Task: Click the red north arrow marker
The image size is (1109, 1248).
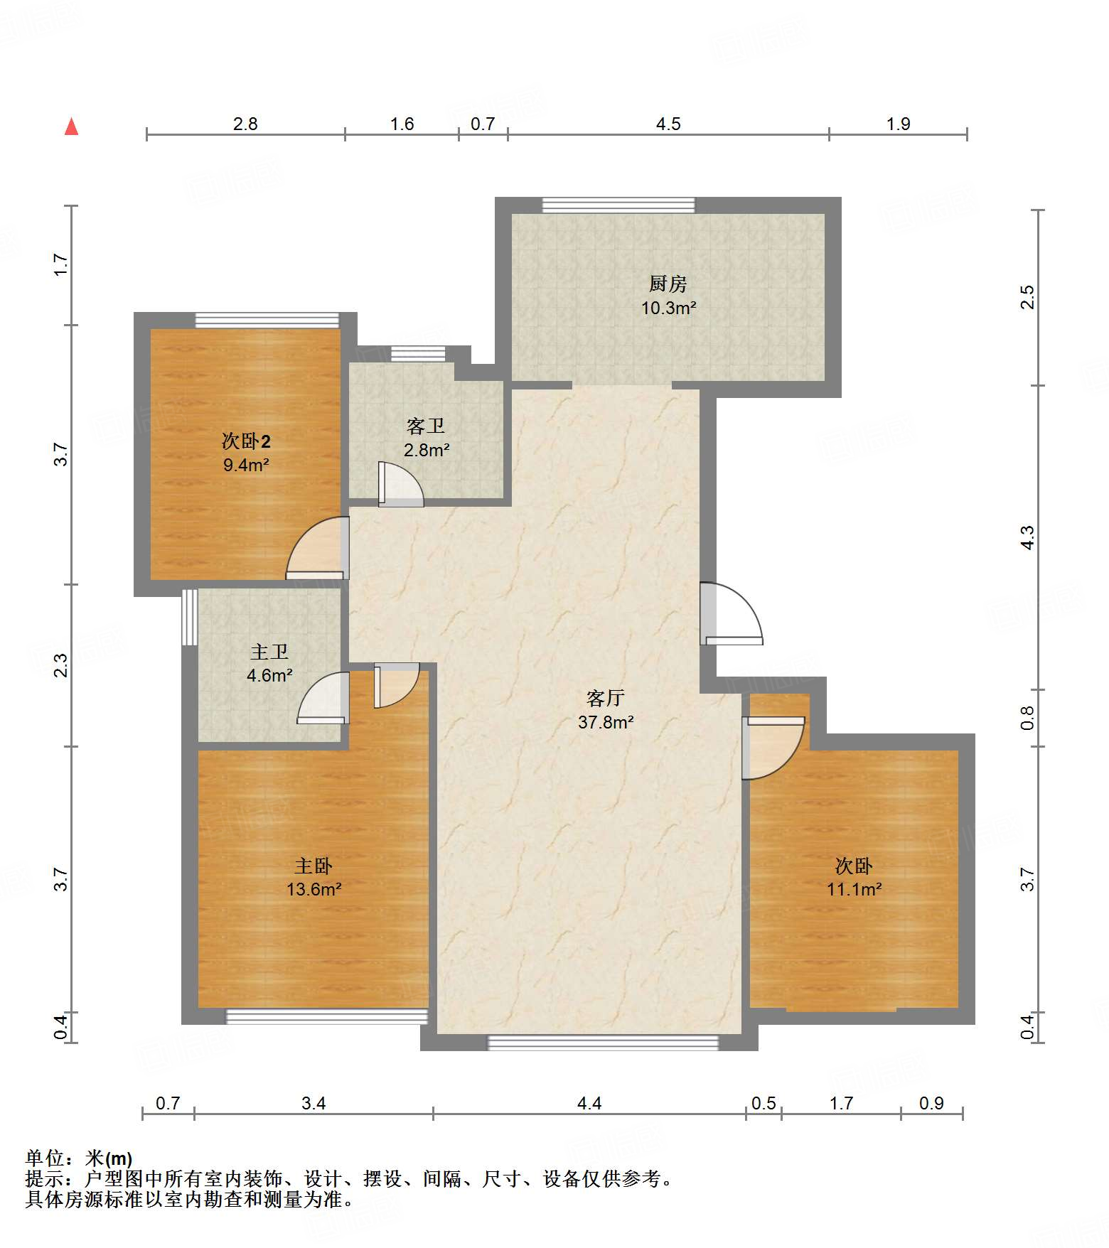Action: (71, 127)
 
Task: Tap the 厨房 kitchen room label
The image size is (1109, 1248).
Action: (668, 284)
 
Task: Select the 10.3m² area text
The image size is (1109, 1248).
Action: (668, 308)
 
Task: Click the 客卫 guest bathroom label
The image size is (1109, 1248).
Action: (426, 426)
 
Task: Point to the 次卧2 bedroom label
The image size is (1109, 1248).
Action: (246, 441)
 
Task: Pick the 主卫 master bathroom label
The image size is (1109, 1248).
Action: (269, 652)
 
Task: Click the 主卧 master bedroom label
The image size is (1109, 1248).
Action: (314, 866)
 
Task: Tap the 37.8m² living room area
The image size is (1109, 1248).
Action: (606, 722)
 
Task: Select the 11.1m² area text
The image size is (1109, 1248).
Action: (854, 889)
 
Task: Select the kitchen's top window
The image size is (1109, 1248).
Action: (618, 205)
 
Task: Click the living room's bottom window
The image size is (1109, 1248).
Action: (603, 1043)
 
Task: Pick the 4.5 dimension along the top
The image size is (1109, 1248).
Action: (668, 124)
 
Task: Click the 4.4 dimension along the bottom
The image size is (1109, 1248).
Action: (589, 1103)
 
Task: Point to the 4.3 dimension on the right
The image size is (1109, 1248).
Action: (1027, 537)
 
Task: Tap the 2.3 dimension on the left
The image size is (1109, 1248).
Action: (62, 665)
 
